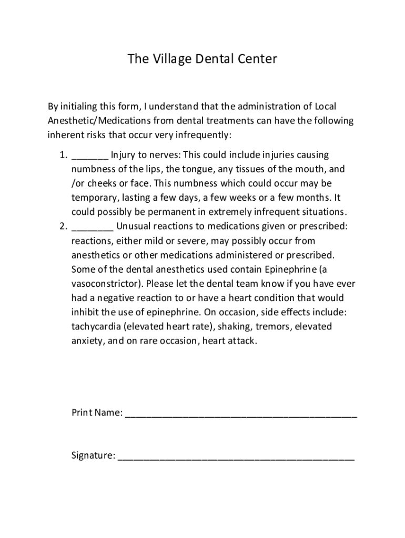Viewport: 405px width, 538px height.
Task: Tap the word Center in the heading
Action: click(x=255, y=59)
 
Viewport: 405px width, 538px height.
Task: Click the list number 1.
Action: click(x=62, y=156)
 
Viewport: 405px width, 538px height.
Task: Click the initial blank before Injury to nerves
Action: click(x=90, y=157)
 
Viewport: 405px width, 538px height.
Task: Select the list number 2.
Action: click(x=62, y=227)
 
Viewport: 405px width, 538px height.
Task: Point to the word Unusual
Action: click(x=135, y=227)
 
